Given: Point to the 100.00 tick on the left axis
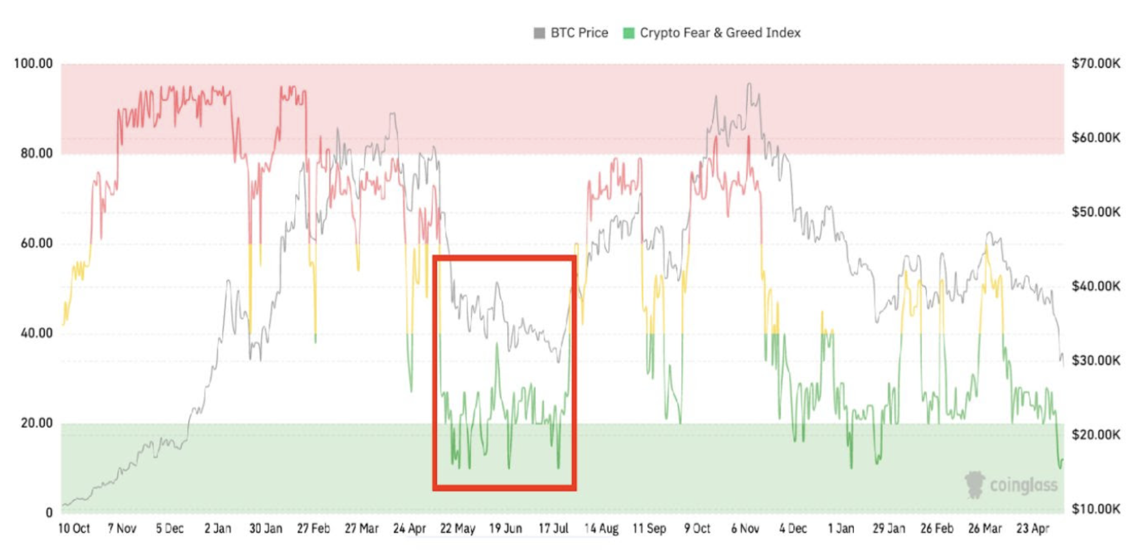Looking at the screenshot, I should tap(34, 64).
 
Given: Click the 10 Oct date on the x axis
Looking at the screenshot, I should tap(74, 529).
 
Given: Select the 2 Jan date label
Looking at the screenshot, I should tap(217, 529).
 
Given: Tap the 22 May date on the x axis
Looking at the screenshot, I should tap(458, 529).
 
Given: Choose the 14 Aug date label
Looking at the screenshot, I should tap(602, 529).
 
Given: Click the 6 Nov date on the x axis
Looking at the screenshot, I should tap(745, 529).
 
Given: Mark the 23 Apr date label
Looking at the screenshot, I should tap(1033, 529).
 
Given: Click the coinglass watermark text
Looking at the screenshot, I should tap(1024, 485).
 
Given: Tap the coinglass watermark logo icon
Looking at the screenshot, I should tap(974, 484).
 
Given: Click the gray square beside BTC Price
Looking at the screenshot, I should tap(539, 34).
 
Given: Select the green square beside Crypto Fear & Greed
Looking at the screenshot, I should tap(628, 34).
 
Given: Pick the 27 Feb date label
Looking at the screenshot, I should tap(313, 529).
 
